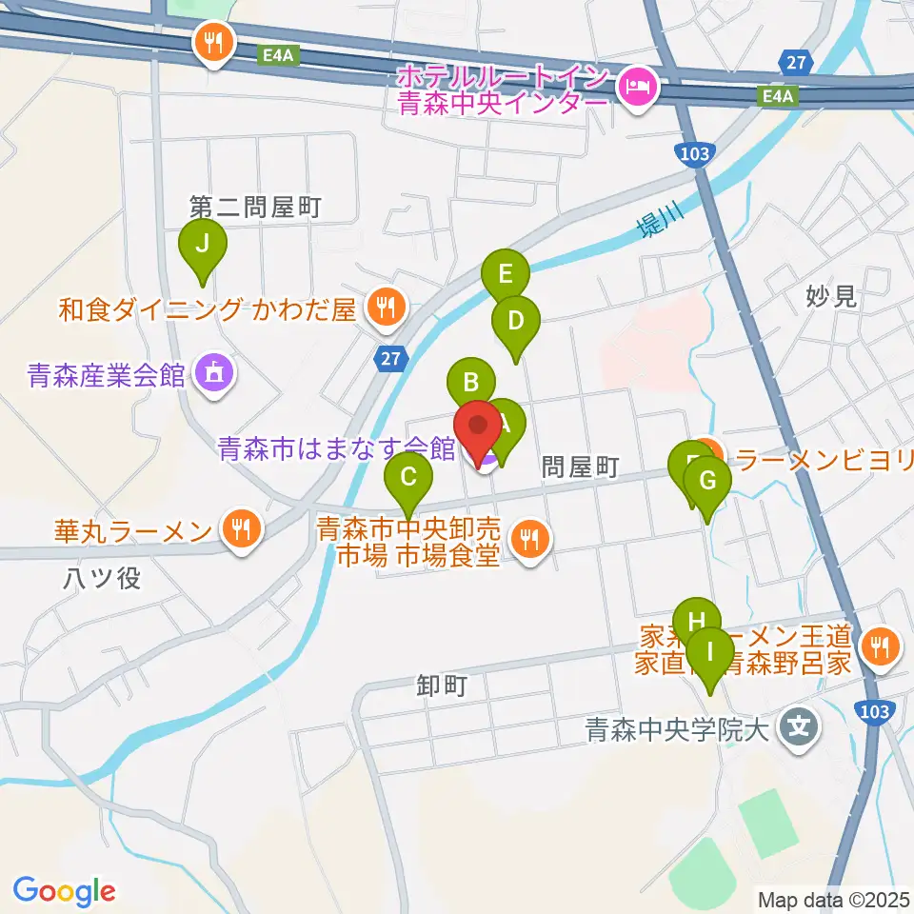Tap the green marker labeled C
click(408, 472)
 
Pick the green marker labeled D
click(515, 321)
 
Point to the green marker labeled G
click(707, 480)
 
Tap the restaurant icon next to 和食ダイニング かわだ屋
click(386, 307)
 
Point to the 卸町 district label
click(442, 685)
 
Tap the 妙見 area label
click(831, 296)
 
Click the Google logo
click(64, 891)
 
